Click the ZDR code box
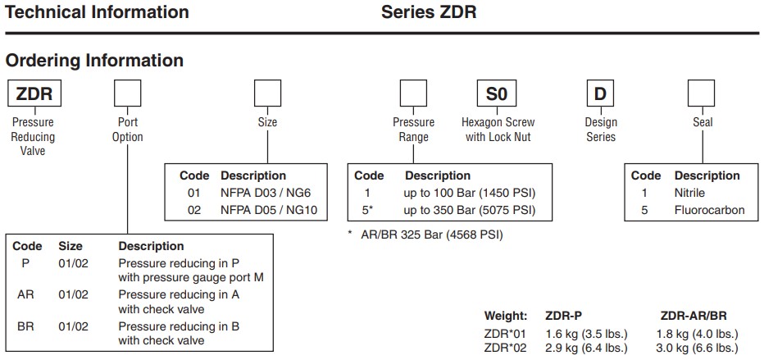[x=33, y=93]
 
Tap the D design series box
[x=600, y=93]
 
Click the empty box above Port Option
[x=127, y=93]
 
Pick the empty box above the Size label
[x=267, y=93]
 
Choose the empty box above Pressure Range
[x=413, y=93]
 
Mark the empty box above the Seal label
[x=703, y=93]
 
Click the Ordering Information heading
[x=94, y=61]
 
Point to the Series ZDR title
[x=429, y=12]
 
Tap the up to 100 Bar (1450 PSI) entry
[x=469, y=194]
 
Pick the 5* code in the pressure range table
[x=368, y=211]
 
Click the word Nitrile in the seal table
[x=689, y=194]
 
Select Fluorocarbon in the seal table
[x=709, y=211]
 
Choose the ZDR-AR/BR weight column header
[x=694, y=316]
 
